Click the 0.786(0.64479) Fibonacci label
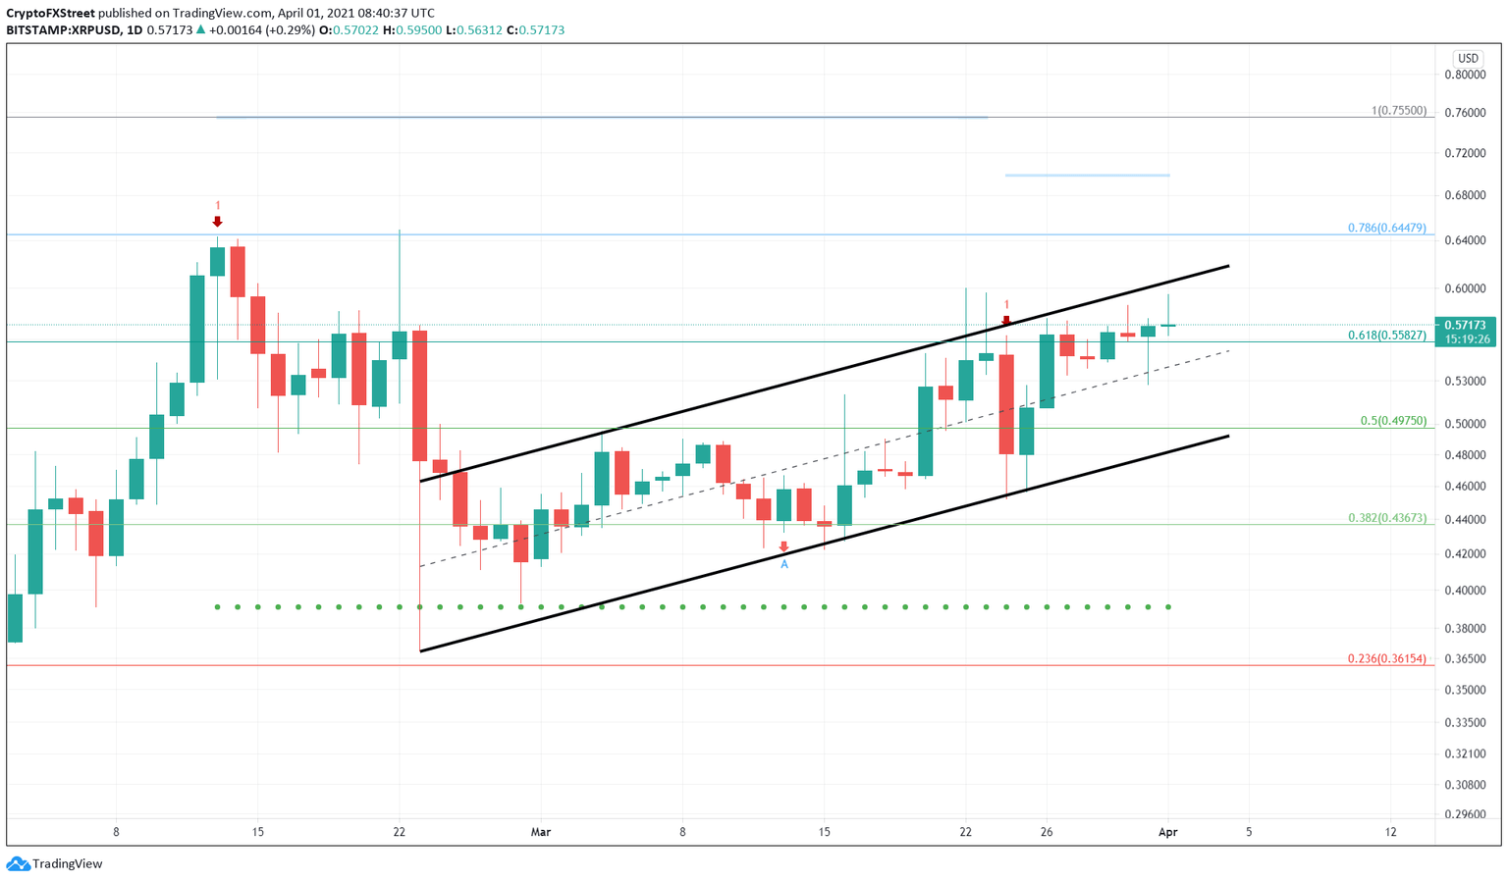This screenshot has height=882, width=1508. [1386, 228]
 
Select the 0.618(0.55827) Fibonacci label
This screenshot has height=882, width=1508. [1386, 335]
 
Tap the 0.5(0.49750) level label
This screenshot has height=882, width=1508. [1392, 420]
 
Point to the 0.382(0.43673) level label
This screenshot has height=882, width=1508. [1386, 517]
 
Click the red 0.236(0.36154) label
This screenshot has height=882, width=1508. [1386, 658]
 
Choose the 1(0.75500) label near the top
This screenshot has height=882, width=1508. [1398, 111]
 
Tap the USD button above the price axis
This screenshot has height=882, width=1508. [1467, 59]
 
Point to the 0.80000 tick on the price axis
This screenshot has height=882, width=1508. [1464, 75]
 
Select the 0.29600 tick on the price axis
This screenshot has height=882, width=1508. [1464, 813]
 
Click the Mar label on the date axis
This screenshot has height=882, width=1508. [540, 832]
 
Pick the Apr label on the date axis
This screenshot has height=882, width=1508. [1167, 832]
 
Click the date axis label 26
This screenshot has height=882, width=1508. [1047, 832]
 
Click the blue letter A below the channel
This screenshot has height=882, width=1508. [783, 564]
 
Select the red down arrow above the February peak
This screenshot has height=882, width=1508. [217, 222]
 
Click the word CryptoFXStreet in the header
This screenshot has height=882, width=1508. [50, 13]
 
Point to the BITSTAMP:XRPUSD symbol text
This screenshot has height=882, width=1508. [62, 30]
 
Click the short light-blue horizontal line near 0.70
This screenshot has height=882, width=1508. [1087, 176]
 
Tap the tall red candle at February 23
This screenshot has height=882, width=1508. [419, 395]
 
